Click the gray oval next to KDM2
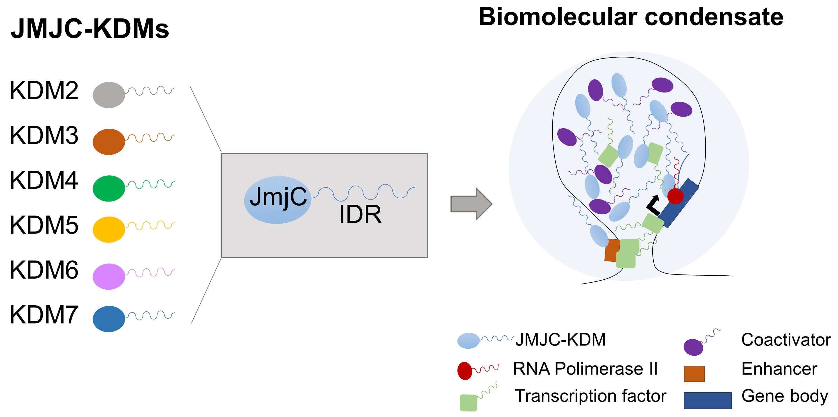(109, 95)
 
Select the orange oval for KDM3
(109, 142)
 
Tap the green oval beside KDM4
(109, 188)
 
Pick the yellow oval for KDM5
(109, 229)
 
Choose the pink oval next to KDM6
(109, 276)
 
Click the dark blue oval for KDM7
(109, 319)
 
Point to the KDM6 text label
(44, 270)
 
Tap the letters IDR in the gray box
(360, 214)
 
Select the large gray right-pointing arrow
(471, 204)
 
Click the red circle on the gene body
(675, 196)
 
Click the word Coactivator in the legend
(786, 340)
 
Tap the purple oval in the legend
(693, 347)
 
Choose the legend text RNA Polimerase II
(585, 369)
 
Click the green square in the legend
(468, 403)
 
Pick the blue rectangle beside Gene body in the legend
(708, 400)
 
